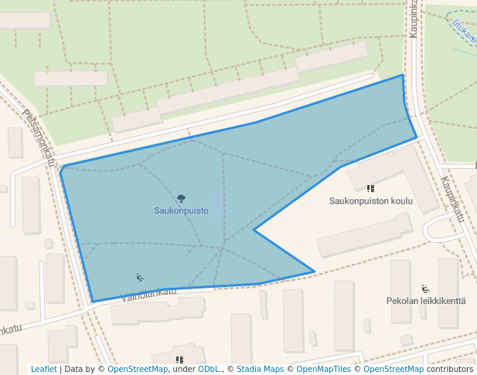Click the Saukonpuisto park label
pyautogui.click(x=181, y=210)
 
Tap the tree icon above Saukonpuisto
pyautogui.click(x=181, y=198)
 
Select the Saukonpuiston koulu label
pyautogui.click(x=371, y=201)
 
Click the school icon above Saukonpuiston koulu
pyautogui.click(x=371, y=188)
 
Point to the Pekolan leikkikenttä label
pyautogui.click(x=426, y=300)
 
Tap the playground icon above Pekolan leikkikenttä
pyautogui.click(x=425, y=289)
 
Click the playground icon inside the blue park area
pyautogui.click(x=140, y=277)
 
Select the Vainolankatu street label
pyautogui.click(x=149, y=293)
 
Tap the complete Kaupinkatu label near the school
pyautogui.click(x=451, y=199)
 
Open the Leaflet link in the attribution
pyautogui.click(x=43, y=369)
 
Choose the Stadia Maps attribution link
pyautogui.click(x=260, y=369)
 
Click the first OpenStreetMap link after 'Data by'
pyautogui.click(x=137, y=369)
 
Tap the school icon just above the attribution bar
pyautogui.click(x=179, y=360)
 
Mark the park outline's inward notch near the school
pyautogui.click(x=254, y=229)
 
